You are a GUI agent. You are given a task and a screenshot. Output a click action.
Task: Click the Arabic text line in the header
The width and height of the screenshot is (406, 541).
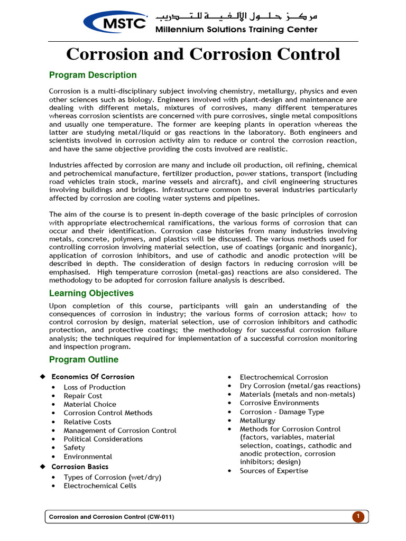pos(236,17)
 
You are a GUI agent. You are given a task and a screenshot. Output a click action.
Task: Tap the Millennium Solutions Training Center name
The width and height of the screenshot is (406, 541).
pos(236,30)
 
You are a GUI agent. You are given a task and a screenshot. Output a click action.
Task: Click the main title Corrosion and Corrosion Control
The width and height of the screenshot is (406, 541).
pos(202,54)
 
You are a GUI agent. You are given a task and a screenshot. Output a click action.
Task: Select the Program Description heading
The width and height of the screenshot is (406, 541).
pos(93,75)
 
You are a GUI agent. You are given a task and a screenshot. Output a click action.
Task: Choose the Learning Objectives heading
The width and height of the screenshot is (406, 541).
pos(91,293)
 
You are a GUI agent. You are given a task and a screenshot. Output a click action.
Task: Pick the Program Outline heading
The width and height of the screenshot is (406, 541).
pos(84,360)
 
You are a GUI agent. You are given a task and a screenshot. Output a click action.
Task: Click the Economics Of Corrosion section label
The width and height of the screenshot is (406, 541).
pos(93,377)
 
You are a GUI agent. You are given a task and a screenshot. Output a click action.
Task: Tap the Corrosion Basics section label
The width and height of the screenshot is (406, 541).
pos(80,467)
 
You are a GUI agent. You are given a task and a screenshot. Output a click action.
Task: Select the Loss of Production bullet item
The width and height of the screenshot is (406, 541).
pos(95,387)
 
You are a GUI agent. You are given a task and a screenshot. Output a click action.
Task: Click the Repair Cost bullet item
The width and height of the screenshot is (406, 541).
pos(83,396)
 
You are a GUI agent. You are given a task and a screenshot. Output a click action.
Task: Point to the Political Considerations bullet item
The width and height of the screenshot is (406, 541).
pos(103,439)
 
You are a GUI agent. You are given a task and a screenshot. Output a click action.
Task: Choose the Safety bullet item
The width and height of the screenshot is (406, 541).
pos(75,447)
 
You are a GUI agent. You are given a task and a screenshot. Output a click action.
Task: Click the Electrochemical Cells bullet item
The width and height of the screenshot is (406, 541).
pos(100,486)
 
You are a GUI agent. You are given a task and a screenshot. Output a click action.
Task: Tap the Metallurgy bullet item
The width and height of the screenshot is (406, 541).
pos(257,421)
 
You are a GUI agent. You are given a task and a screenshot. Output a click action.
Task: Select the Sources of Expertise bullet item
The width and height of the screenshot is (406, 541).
pos(274,471)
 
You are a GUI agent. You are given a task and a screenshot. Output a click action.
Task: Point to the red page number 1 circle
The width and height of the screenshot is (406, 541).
pos(358,516)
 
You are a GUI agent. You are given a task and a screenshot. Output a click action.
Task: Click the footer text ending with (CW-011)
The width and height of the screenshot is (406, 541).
pos(112,517)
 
